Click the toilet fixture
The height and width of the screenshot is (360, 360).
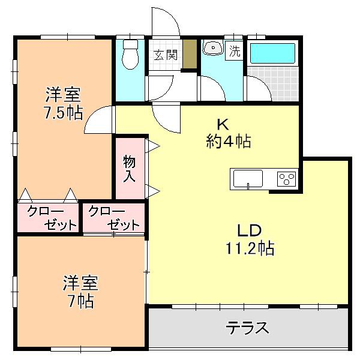130,55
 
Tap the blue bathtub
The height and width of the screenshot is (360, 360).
272,53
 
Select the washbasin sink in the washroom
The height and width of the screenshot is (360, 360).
213,47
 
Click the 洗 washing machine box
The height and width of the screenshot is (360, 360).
234,51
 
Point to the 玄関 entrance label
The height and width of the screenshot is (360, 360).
166,55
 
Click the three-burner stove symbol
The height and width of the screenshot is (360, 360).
287,179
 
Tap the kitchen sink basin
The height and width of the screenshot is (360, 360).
248,179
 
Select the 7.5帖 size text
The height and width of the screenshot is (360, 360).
64,113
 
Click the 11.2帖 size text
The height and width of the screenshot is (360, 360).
250,248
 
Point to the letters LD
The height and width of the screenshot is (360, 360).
250,230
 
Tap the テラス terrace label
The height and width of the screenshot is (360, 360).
247,328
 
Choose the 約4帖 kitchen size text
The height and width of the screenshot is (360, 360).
229,141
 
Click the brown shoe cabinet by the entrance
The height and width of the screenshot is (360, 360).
190,54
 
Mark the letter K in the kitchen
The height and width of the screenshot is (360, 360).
223,125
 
